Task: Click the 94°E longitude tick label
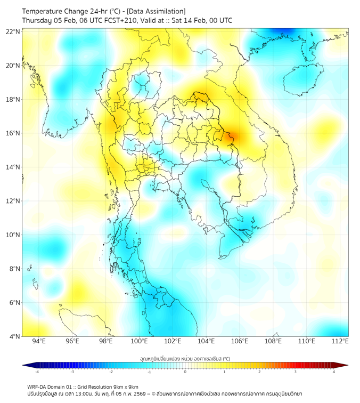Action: coord(39,341)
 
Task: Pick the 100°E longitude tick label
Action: coord(139,341)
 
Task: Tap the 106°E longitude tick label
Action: coord(240,341)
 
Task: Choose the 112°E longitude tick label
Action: coord(340,341)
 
